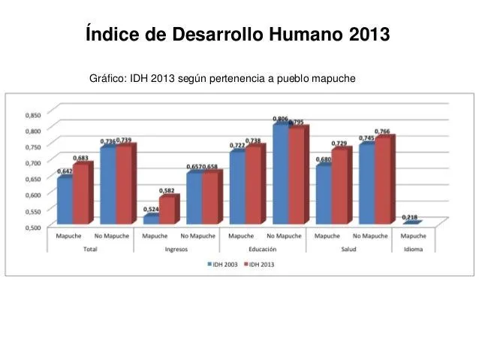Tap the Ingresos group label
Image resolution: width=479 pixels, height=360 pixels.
tap(176, 248)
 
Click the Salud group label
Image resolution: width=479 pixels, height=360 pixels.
tap(348, 248)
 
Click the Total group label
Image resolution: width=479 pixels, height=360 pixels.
tap(89, 248)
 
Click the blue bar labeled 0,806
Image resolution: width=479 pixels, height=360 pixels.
tap(279, 174)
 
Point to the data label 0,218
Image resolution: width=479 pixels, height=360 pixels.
tap(410, 218)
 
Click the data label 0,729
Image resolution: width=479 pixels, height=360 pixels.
tap(339, 144)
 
